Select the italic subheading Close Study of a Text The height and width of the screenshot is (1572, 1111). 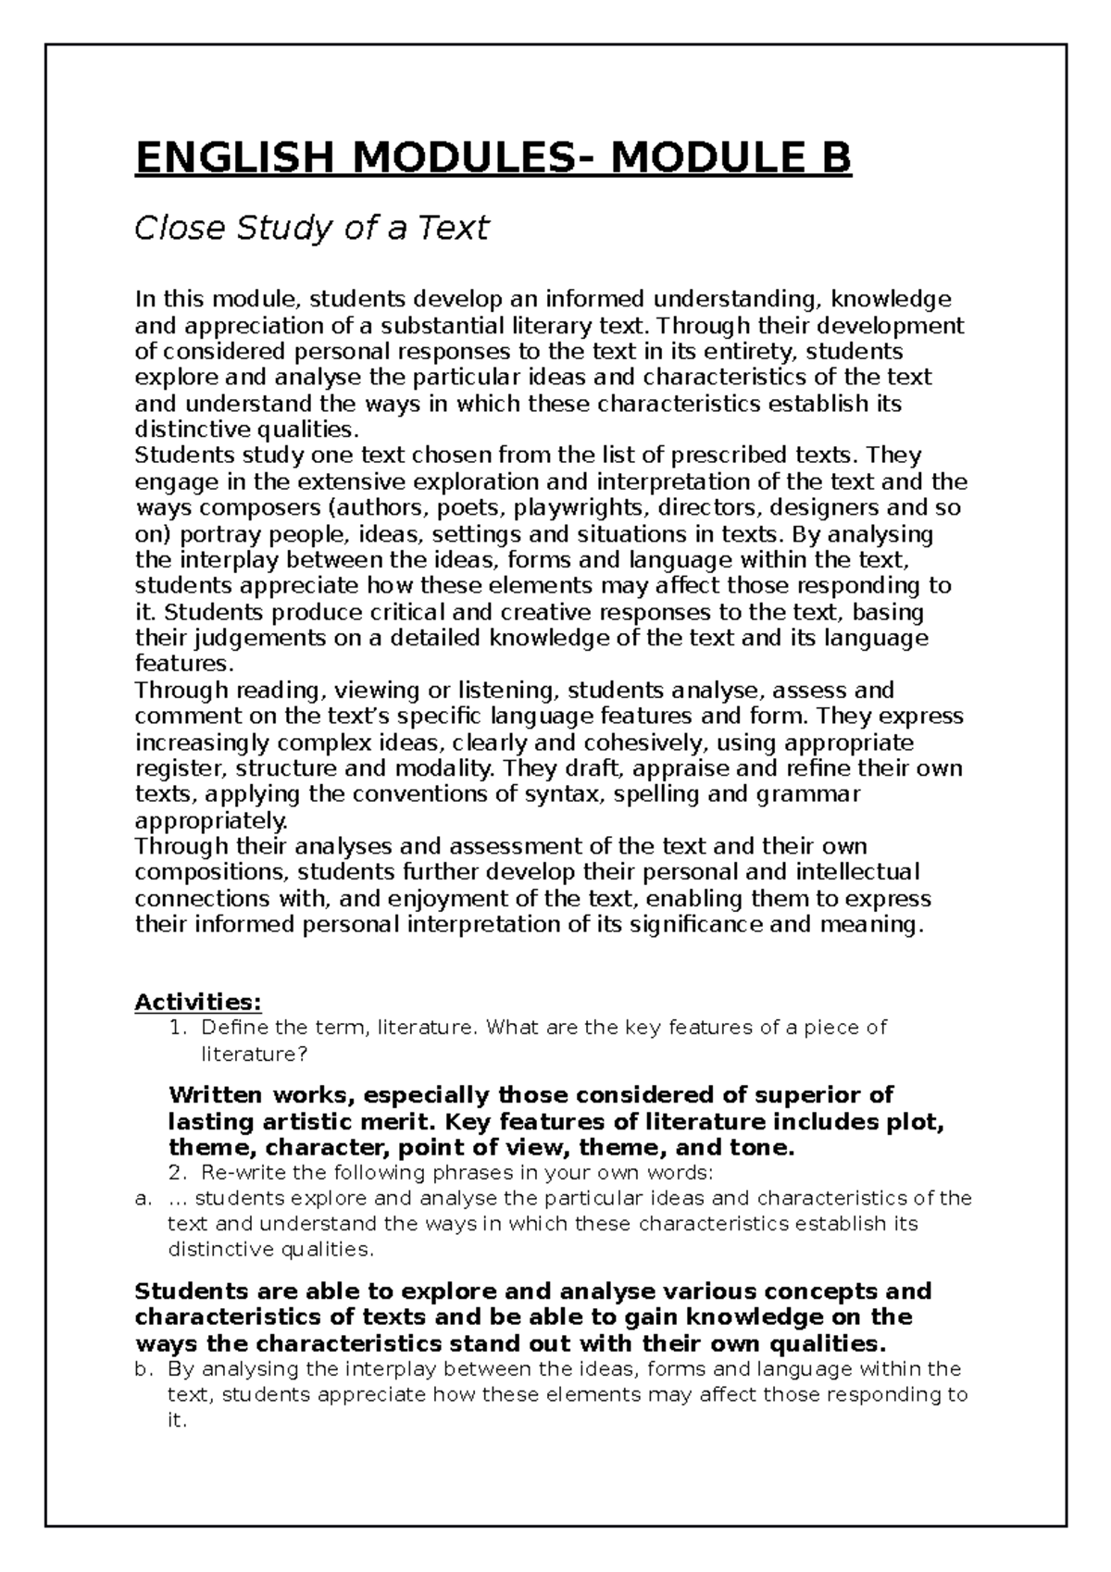(x=311, y=228)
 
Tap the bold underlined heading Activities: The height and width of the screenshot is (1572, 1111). (x=198, y=1002)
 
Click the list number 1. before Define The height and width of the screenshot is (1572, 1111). (x=181, y=1028)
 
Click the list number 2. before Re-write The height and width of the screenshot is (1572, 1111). (x=181, y=1173)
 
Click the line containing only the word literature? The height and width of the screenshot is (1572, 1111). (x=254, y=1054)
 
